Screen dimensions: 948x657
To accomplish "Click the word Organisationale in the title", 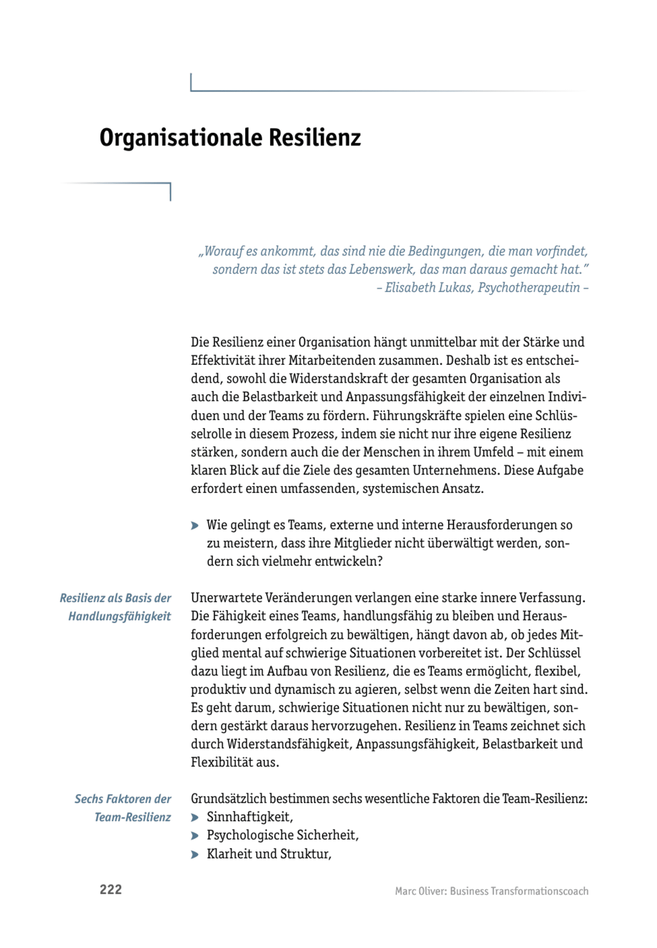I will point(181,138).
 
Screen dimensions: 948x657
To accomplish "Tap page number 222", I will point(110,890).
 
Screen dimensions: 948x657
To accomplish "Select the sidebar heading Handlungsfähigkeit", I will point(119,616).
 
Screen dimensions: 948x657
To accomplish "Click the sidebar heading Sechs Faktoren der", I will point(122,799).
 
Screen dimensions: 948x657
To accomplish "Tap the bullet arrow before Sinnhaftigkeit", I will point(195,818).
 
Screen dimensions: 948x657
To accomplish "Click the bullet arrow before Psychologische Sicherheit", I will point(195,836).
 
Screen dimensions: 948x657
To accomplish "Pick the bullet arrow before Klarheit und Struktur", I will point(195,854).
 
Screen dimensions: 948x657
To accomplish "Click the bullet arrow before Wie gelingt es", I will point(195,526).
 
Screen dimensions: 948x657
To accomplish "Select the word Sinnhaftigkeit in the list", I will point(249,817).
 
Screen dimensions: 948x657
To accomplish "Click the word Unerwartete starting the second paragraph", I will point(226,598).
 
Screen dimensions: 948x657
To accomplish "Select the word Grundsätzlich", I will point(228,799).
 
